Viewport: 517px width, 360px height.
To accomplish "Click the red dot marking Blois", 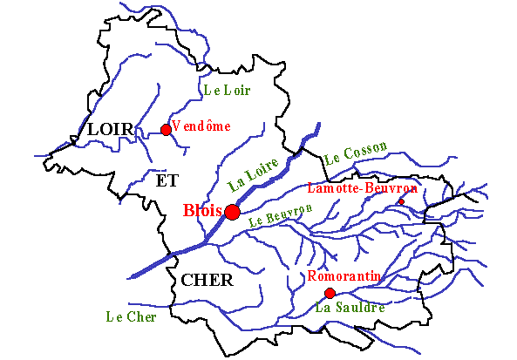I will click(233, 212).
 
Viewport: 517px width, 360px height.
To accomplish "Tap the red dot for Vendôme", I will click(166, 130).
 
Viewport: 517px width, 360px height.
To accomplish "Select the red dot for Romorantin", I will click(330, 293).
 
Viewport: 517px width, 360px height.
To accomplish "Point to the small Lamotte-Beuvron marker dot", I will click(401, 202).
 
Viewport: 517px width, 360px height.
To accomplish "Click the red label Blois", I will click(202, 211).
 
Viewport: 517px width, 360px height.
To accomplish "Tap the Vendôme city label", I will click(201, 126).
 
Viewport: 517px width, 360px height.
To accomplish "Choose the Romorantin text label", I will click(344, 276).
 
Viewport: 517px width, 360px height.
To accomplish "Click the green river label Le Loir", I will click(226, 90).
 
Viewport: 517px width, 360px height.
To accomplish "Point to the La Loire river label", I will click(253, 173).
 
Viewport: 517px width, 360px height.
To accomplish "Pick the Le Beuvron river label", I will click(280, 216).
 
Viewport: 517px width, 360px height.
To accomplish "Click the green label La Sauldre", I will click(350, 308).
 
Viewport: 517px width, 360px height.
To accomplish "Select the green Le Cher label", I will click(131, 317).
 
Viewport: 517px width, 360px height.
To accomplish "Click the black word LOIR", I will click(111, 130).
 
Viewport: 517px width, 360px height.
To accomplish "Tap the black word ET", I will click(167, 180).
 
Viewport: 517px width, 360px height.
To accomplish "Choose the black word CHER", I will click(207, 280).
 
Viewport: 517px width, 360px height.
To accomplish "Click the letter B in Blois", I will click(188, 211).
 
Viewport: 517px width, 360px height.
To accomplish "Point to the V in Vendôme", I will click(176, 126).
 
